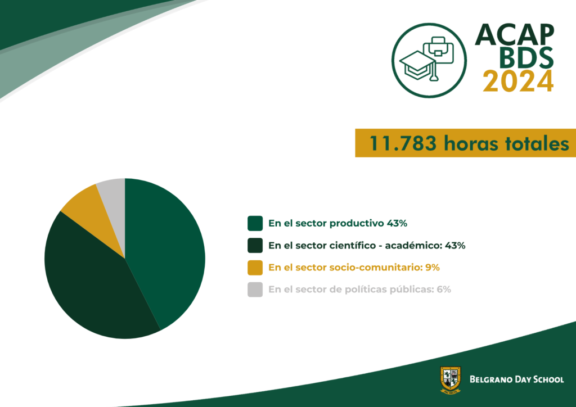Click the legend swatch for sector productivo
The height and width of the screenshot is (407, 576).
pyautogui.click(x=255, y=224)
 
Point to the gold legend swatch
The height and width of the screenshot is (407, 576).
pyautogui.click(x=255, y=268)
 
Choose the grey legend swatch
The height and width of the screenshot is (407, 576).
pyautogui.click(x=255, y=290)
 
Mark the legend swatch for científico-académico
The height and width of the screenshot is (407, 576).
pyautogui.click(x=255, y=246)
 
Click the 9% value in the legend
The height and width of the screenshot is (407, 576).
pyautogui.click(x=433, y=267)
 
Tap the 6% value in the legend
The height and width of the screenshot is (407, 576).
pyautogui.click(x=444, y=289)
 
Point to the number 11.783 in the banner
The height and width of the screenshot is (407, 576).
pyautogui.click(x=403, y=143)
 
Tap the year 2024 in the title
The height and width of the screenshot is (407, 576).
pyautogui.click(x=518, y=81)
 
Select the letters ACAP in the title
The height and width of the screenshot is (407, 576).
pyautogui.click(x=514, y=34)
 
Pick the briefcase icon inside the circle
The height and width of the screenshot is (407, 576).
pyautogui.click(x=438, y=49)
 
